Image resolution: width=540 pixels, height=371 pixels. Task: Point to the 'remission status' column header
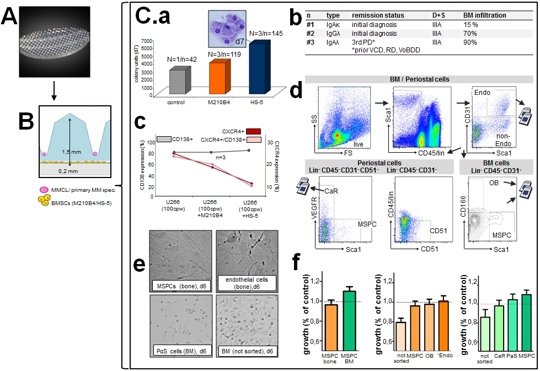(379, 15)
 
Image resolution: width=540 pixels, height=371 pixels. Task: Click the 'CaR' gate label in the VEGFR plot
(332, 190)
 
